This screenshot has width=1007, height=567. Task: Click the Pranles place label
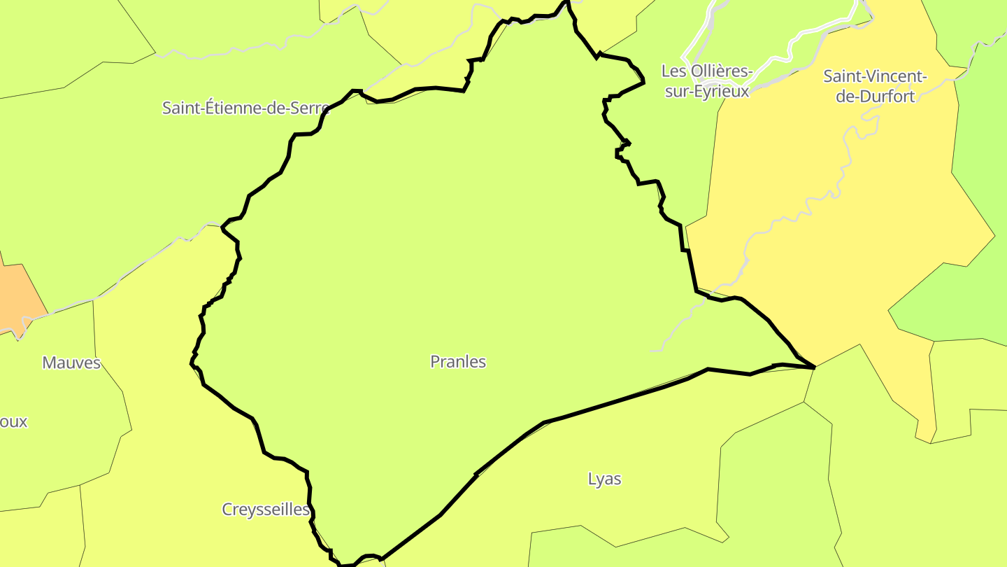[458, 362]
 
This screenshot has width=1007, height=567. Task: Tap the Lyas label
[604, 479]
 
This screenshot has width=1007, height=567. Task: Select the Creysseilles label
[266, 510]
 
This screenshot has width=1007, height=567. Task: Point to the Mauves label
[71, 363]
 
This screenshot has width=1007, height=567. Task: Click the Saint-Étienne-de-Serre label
[245, 108]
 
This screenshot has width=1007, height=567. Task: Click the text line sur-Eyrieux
[706, 91]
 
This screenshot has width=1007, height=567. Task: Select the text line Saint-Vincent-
[875, 76]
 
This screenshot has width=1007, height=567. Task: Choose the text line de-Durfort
[875, 97]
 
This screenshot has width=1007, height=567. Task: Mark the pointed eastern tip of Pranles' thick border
[815, 367]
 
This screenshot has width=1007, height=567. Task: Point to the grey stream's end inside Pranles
[652, 350]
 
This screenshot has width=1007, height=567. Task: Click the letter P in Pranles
[435, 362]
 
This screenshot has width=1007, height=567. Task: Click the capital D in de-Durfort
[866, 97]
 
